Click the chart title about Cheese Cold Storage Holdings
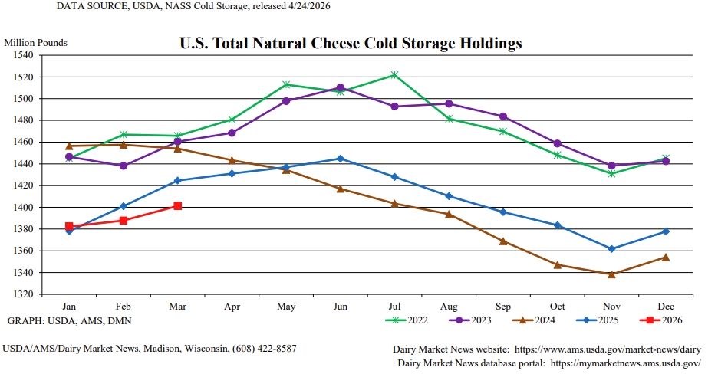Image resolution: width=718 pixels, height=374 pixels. pos(351,43)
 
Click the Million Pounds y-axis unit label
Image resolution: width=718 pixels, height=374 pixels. pos(36,43)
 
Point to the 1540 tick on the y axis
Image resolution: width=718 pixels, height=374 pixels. pos(23,55)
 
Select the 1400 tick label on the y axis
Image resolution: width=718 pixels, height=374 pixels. pos(23,208)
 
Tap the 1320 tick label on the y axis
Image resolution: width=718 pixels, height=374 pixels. pos(23,294)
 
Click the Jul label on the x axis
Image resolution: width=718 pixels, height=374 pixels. pos(394,306)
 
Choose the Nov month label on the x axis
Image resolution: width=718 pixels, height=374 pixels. pos(611,306)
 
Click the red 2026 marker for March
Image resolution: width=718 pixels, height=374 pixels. pos(177,205)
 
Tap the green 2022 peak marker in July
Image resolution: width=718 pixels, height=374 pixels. pos(394,75)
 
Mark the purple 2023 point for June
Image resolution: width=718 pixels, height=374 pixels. pos(340,88)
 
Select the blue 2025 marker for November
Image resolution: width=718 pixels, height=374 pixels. pos(611,249)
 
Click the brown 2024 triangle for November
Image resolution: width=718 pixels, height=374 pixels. pos(611,274)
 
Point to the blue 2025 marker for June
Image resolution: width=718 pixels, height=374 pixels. pos(340,159)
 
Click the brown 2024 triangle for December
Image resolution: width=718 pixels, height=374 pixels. pos(665,257)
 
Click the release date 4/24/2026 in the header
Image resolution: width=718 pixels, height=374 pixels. pos(307,7)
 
